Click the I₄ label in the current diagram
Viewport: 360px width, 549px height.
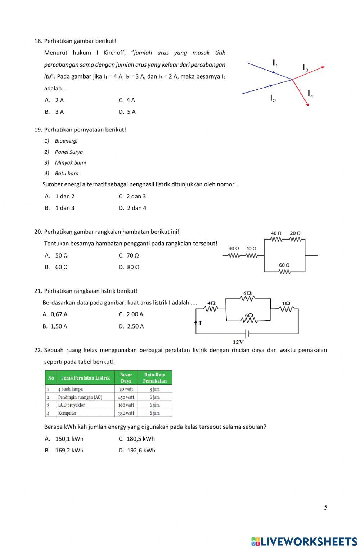[x=310, y=94]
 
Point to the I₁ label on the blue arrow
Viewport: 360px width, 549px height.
[x=275, y=63]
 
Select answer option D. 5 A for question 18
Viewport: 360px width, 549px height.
[x=127, y=112]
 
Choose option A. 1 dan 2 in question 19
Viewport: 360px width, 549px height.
[x=60, y=196]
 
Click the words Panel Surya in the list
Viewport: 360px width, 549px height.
[x=69, y=152]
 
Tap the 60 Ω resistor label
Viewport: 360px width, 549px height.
[x=284, y=265]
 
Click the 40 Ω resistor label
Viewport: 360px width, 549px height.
[x=276, y=233]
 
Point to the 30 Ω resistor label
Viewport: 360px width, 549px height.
[x=234, y=249]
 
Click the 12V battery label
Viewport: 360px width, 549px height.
[x=238, y=342]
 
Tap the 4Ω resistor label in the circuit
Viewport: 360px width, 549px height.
[x=212, y=303]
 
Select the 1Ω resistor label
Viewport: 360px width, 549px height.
[x=286, y=303]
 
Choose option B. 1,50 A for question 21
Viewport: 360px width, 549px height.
[x=55, y=326]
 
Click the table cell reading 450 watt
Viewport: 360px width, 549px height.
[x=126, y=397]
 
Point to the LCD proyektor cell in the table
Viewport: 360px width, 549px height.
[x=71, y=405]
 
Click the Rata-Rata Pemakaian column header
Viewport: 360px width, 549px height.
[x=155, y=378]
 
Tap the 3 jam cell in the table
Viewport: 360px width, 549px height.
[x=154, y=389]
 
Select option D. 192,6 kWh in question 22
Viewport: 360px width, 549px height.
[x=137, y=451]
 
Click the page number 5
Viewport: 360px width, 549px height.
[x=326, y=508]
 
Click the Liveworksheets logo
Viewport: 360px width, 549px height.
[x=304, y=541]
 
